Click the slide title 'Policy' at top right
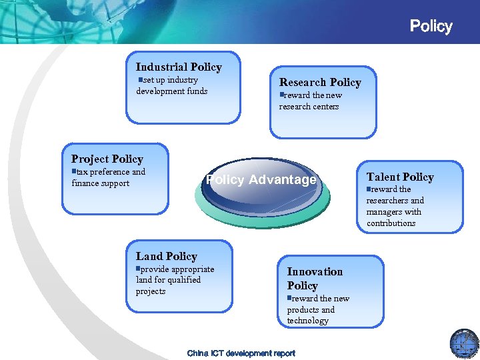[x=431, y=27]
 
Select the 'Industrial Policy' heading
[x=179, y=67]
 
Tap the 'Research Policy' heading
[x=320, y=82]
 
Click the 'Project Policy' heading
[x=107, y=159]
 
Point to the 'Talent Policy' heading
[x=400, y=177]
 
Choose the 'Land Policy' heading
[x=167, y=256]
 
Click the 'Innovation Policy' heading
[x=315, y=279]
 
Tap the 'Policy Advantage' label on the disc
[x=261, y=180]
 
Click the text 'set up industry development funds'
[x=171, y=85]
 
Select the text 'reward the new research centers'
[x=309, y=101]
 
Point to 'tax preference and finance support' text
[x=108, y=177]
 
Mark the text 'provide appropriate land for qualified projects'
[x=175, y=280]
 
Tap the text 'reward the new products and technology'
[x=318, y=309]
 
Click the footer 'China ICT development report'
[x=241, y=353]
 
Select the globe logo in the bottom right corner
[x=464, y=343]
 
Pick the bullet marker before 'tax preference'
[x=75, y=172]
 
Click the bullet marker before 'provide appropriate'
[x=139, y=269]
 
